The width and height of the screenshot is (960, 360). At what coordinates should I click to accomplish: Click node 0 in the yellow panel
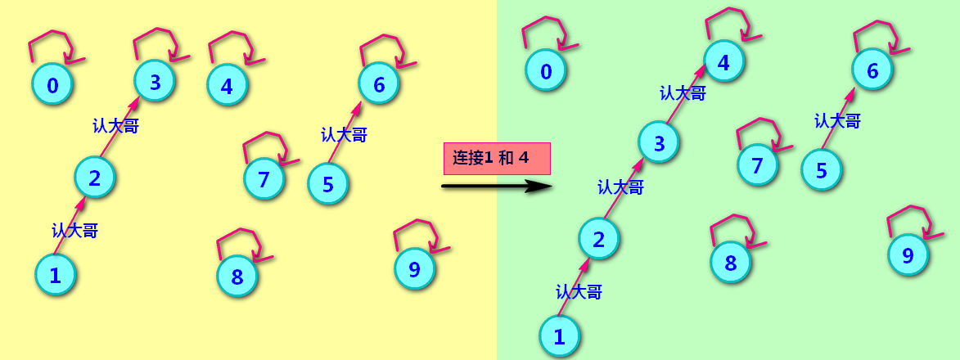tap(52, 85)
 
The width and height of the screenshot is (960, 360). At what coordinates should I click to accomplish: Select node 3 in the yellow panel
tap(155, 80)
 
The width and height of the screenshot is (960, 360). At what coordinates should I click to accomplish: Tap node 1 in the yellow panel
tap(56, 274)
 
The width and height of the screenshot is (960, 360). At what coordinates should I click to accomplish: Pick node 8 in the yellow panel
tap(237, 276)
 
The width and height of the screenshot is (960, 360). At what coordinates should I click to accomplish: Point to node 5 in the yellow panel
tap(328, 183)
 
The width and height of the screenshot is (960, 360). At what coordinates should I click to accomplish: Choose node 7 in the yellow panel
tap(264, 178)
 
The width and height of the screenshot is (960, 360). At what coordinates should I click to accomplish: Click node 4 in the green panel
tap(723, 61)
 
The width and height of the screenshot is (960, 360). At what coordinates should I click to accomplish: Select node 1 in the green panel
tap(560, 335)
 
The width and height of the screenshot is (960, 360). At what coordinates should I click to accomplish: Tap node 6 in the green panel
tap(872, 70)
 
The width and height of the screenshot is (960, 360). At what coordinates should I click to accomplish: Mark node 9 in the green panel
tap(908, 254)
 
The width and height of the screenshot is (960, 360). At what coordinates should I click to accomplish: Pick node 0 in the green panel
tap(546, 71)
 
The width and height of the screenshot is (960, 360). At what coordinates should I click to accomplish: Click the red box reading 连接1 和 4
tap(497, 159)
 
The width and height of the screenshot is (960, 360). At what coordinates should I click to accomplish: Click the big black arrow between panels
tap(496, 187)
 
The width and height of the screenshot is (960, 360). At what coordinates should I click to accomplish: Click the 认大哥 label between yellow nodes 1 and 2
tap(74, 231)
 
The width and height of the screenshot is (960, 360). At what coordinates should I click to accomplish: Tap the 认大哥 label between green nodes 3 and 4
tap(683, 93)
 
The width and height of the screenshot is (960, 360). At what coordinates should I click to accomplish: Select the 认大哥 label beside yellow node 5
tap(344, 135)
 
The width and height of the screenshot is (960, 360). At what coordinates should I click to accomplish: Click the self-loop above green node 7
tap(762, 134)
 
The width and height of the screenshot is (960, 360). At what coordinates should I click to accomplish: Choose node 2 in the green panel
tap(599, 239)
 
